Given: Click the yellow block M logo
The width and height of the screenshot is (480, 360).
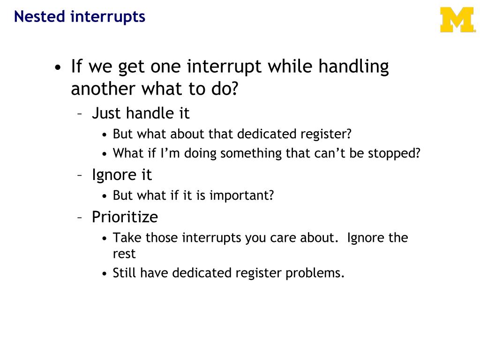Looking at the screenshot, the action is pos(457,20).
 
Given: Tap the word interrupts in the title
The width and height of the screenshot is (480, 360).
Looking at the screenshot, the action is pos(108,16).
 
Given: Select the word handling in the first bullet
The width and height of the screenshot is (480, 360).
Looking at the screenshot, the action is pos(353,67).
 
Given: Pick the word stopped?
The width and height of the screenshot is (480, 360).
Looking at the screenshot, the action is pos(394,153).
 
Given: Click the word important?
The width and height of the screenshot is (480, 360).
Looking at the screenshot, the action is pos(241,195).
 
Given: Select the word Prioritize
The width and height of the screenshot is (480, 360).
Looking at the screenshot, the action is pos(125,217).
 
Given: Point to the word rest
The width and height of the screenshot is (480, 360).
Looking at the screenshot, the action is pos(124,254).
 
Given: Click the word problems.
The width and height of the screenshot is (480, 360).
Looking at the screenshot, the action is pos(315,273).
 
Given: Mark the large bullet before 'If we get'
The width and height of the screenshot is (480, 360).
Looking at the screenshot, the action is pos(58,67).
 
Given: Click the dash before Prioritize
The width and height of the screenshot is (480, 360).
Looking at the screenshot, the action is pos(80,217).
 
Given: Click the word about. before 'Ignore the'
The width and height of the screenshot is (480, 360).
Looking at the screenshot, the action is pos(319,238).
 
